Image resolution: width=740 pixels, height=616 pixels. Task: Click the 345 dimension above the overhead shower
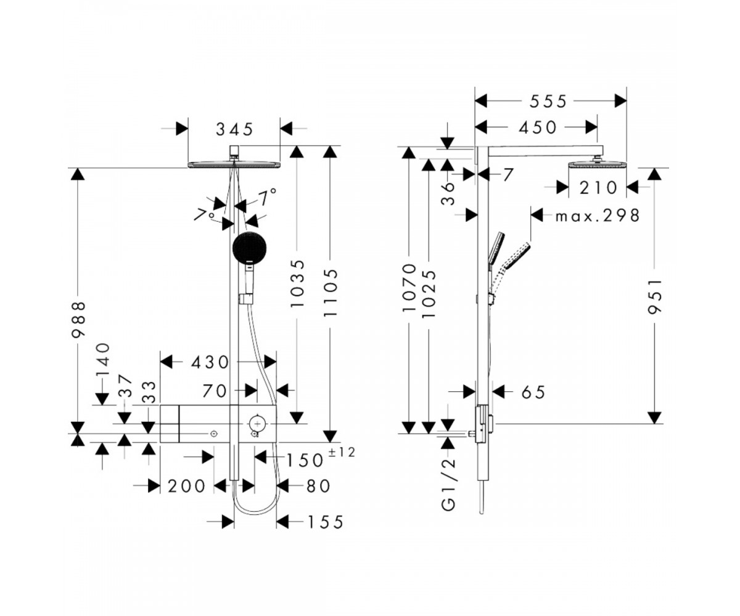pyautogui.click(x=234, y=129)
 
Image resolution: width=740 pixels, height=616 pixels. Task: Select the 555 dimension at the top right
pyautogui.click(x=548, y=102)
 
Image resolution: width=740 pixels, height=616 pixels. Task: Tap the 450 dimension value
pyautogui.click(x=538, y=128)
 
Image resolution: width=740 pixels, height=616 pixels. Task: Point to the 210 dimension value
pyautogui.click(x=598, y=188)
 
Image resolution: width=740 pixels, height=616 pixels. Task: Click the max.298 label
pyautogui.click(x=598, y=216)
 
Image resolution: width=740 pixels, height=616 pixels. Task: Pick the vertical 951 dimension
pyautogui.click(x=654, y=296)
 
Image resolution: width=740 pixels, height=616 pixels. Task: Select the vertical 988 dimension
pyautogui.click(x=78, y=319)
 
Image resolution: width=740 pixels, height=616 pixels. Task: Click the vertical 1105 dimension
pyautogui.click(x=331, y=293)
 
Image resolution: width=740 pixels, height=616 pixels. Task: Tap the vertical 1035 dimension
pyautogui.click(x=297, y=283)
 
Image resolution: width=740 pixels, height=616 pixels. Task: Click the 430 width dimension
pyautogui.click(x=210, y=362)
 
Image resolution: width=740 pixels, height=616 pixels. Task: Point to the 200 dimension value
pyautogui.click(x=186, y=487)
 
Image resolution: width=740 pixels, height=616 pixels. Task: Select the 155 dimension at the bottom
pyautogui.click(x=326, y=522)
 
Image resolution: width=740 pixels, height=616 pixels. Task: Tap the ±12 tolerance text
pyautogui.click(x=342, y=452)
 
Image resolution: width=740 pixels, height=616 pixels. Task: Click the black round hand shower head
pyautogui.click(x=249, y=248)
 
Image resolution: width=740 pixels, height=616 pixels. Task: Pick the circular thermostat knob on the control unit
pyautogui.click(x=258, y=423)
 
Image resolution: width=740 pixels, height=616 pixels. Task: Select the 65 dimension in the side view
pyautogui.click(x=533, y=392)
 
